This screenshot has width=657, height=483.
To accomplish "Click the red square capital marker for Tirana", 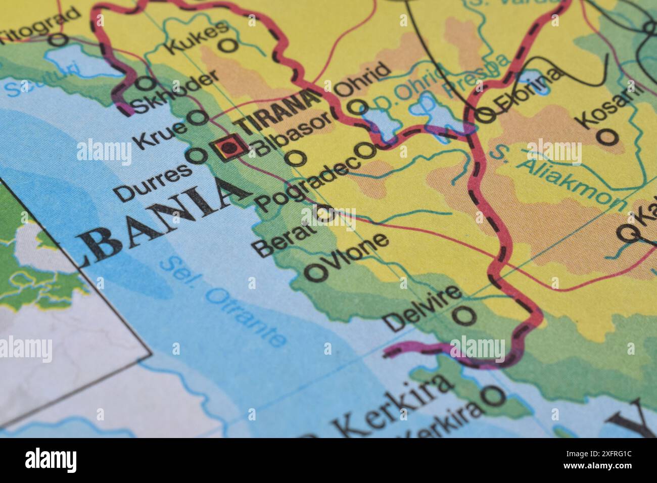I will tap(230, 148).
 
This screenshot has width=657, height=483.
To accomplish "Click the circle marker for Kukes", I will tap(229, 45).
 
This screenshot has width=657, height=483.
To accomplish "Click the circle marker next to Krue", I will tap(198, 118).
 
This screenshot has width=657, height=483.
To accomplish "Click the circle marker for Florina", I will tap(485, 115).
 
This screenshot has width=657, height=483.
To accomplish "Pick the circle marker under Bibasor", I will tap(295, 158).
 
